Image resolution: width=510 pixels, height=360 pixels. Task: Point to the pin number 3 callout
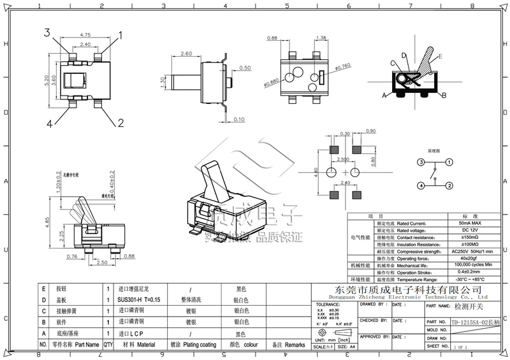(48, 32)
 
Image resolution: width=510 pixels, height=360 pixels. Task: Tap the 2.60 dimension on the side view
(187, 54)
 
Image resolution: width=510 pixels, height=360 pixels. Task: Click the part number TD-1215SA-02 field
(476, 322)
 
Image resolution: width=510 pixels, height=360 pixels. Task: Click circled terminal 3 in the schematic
(421, 162)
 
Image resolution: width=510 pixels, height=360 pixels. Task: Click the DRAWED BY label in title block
(374, 305)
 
